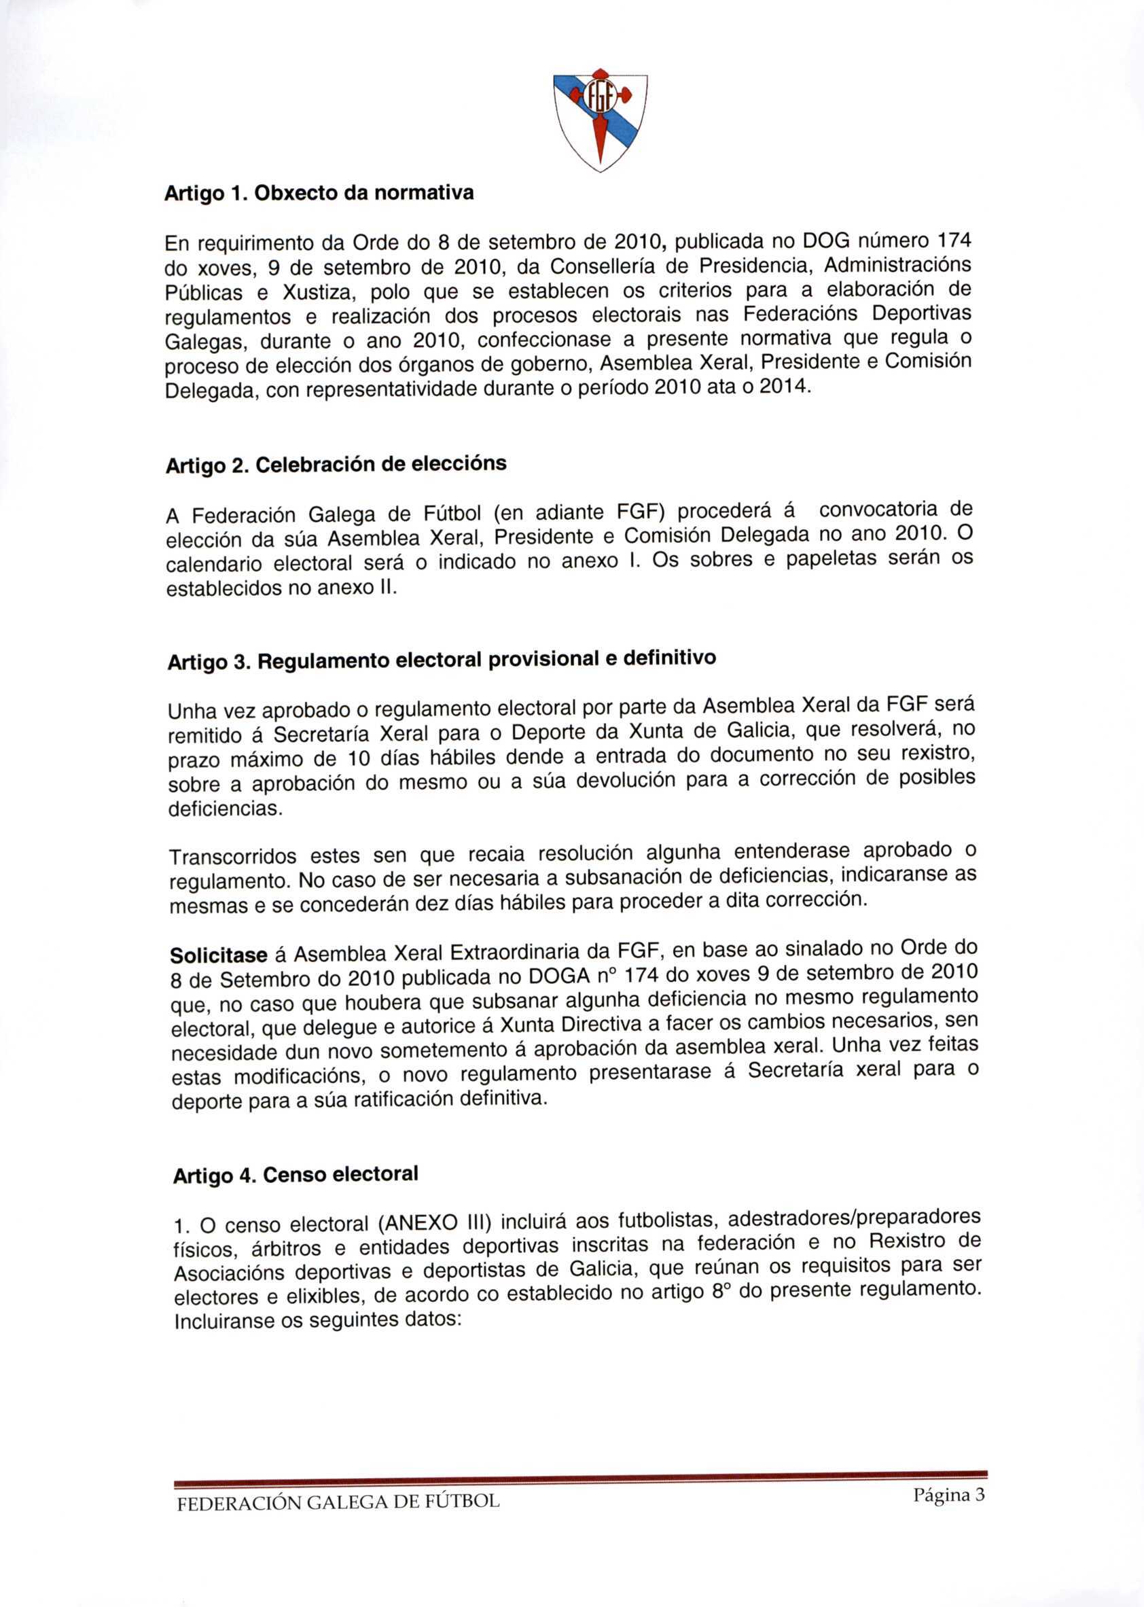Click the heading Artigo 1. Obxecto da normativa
(x=319, y=194)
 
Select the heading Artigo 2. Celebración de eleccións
(x=336, y=465)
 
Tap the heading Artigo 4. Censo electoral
(x=296, y=1175)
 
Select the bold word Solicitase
(x=218, y=956)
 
